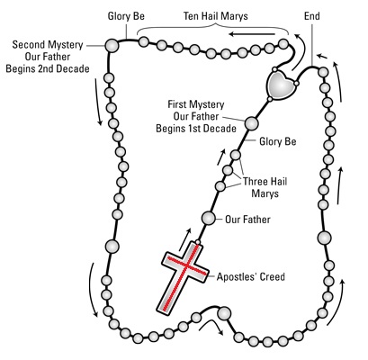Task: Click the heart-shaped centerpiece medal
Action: pos(281,85)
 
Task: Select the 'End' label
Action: pos(312,16)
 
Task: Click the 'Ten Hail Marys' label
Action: pos(216,16)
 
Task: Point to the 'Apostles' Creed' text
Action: pos(251,276)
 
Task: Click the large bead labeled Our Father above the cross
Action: pos(208,218)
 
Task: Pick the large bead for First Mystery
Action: pos(251,123)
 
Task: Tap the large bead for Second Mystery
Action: pos(112,46)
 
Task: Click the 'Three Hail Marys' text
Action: pos(265,187)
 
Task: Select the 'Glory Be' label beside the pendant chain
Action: pos(278,141)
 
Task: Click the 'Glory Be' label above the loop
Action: pos(126,16)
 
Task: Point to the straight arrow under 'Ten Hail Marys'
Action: pos(252,34)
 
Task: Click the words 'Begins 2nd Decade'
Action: pos(48,68)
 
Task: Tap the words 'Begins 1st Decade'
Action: pos(196,129)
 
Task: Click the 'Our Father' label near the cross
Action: pos(247,220)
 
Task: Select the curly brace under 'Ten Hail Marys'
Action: pos(213,28)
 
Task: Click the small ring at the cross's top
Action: pos(198,242)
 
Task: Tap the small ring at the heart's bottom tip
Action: pos(270,99)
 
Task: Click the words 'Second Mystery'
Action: pos(48,45)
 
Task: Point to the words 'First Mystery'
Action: pos(196,104)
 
